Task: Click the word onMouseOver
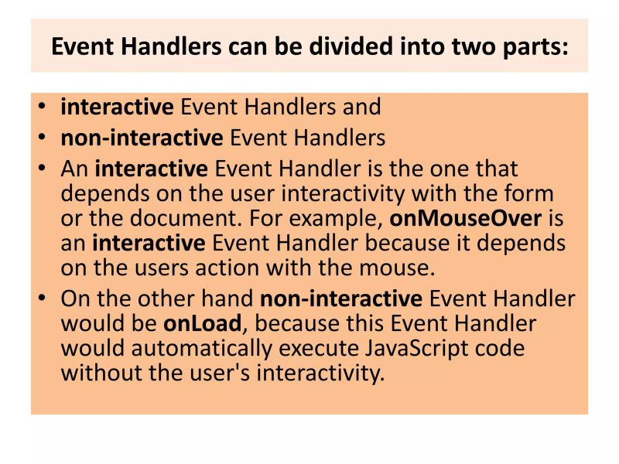tap(465, 218)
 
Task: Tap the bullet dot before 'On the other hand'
tap(43, 299)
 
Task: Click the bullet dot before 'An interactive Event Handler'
tap(43, 169)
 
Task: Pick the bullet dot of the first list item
tap(43, 107)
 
